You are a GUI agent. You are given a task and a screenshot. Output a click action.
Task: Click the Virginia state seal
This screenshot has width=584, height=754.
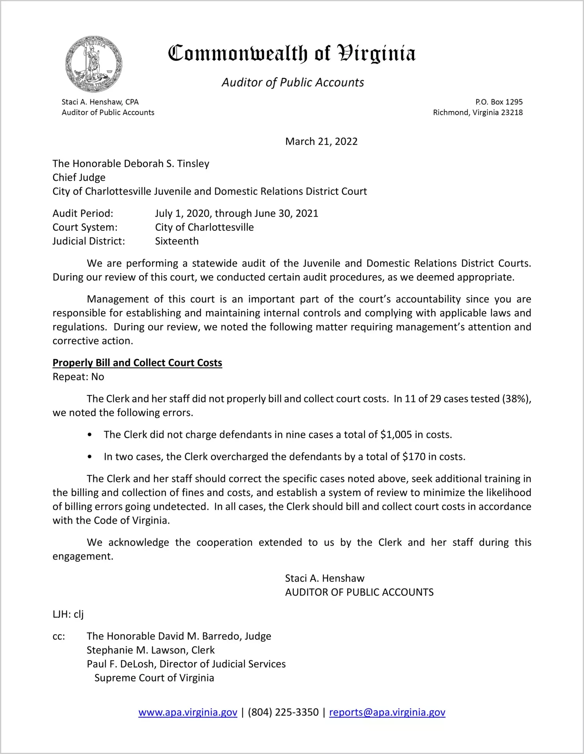pos(93,64)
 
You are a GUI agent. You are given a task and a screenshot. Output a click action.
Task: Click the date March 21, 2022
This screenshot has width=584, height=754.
pos(321,141)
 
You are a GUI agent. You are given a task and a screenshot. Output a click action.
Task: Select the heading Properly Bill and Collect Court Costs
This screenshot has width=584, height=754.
pos(137,363)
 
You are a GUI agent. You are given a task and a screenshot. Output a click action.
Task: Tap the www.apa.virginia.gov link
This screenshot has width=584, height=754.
pos(188,712)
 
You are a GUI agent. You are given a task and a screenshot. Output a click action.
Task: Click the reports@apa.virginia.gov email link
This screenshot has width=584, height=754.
pos(387,712)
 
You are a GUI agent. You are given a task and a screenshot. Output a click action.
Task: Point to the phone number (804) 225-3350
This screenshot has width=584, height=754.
pos(283,712)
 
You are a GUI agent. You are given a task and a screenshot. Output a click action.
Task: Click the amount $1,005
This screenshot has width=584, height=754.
pos(396,435)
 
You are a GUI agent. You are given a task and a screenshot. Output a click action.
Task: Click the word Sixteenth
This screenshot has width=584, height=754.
pos(177,241)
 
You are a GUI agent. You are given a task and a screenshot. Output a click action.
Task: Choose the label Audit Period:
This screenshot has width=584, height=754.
pos(83,214)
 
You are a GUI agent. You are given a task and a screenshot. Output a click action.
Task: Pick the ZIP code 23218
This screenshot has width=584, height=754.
pos(512,112)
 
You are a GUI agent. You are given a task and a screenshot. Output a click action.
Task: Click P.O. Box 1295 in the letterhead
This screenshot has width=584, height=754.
pos(499,102)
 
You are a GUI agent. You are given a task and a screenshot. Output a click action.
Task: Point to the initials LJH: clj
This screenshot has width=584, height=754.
pos(68,614)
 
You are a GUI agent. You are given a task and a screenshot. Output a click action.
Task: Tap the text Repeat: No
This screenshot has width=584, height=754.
pos(78,377)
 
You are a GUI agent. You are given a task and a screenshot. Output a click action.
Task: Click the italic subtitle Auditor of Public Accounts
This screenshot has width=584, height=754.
pos(293,82)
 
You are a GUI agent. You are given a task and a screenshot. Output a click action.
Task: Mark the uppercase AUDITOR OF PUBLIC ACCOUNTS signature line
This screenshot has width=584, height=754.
pos(359,592)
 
